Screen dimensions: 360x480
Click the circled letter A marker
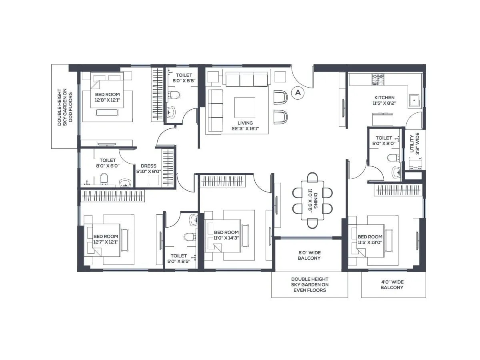click(297, 93)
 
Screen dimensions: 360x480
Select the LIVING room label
click(245, 126)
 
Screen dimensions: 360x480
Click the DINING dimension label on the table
click(312, 202)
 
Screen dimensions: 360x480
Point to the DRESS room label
click(148, 168)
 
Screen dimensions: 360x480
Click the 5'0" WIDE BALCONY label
click(309, 255)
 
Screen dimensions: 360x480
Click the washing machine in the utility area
click(416, 163)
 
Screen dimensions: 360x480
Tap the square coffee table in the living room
click(244, 107)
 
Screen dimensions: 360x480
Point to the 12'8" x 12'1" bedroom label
click(107, 97)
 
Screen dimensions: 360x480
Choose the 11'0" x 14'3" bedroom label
click(226, 235)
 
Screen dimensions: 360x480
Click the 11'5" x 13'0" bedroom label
click(370, 239)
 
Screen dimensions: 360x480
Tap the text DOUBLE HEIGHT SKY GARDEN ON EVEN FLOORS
click(309, 284)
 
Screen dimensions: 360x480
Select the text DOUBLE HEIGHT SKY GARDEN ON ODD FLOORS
click(65, 107)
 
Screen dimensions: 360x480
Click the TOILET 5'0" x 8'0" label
click(384, 141)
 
